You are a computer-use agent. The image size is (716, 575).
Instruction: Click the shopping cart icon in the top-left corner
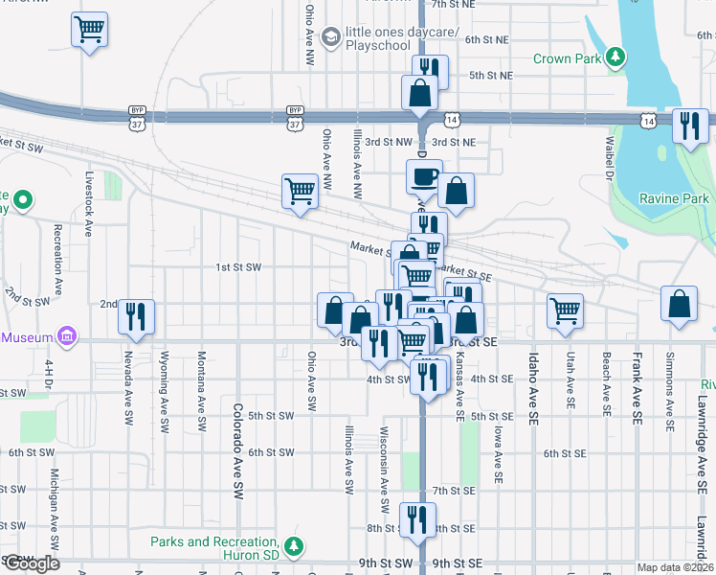[89, 32]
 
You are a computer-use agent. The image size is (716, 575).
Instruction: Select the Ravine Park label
[675, 198]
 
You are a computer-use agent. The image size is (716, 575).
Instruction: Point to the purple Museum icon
[66, 337]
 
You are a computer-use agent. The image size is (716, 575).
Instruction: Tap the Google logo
[31, 563]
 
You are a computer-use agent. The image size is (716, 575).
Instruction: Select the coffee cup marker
[424, 177]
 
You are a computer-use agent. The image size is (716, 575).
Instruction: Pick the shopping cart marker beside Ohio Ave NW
[300, 191]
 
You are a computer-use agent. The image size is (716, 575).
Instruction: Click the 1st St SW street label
[238, 267]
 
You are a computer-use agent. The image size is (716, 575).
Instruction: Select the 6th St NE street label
[487, 39]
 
